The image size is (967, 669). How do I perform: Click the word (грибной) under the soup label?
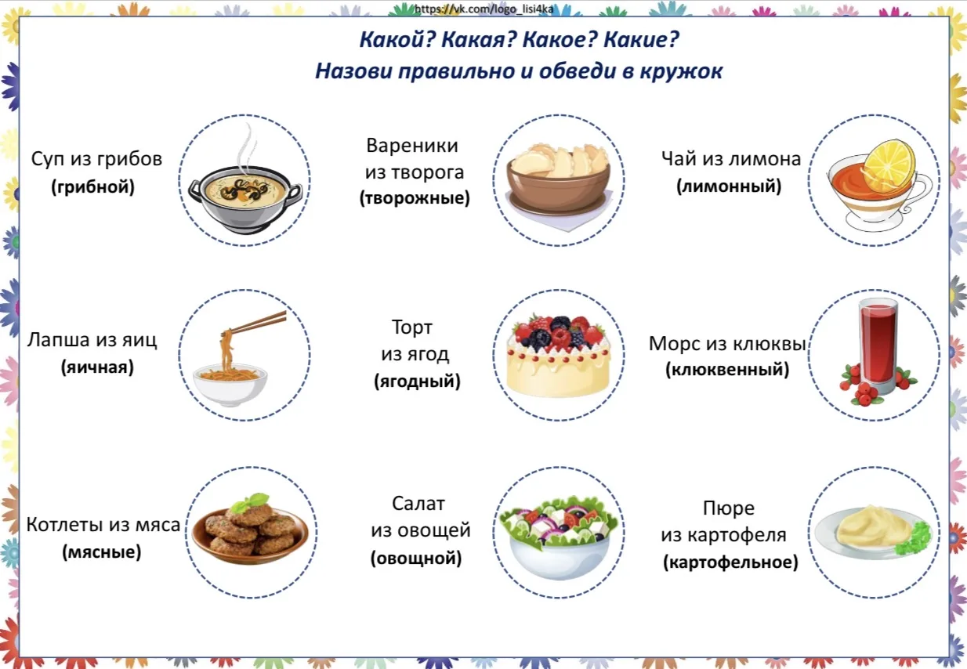click(92, 187)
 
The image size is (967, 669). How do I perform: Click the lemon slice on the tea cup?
click(889, 162)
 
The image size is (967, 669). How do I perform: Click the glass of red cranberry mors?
click(877, 345)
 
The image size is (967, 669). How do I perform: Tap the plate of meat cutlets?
click(250, 531)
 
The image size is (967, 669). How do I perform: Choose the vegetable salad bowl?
click(559, 538)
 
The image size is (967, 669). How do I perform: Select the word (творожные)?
click(415, 198)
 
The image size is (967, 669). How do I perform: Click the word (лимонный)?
click(729, 186)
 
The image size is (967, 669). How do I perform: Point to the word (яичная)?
click(97, 367)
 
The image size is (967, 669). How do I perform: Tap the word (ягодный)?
click(417, 382)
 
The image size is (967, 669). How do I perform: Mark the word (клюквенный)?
click(727, 370)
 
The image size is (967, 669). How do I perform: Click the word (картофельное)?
click(730, 562)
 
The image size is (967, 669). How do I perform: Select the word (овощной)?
click(416, 558)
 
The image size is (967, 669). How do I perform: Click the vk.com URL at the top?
click(483, 9)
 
